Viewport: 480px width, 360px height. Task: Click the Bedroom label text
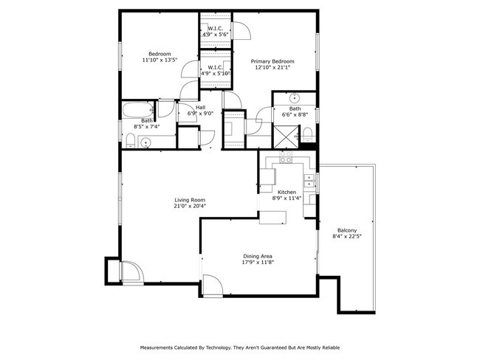[x=160, y=54]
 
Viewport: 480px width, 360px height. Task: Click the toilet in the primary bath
[x=307, y=134]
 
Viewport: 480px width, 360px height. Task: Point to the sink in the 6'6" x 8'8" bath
[x=294, y=97]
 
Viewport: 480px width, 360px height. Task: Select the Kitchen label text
[x=287, y=192]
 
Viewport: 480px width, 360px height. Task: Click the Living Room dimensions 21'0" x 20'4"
[x=190, y=207]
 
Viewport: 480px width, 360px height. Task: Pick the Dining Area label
[x=257, y=256]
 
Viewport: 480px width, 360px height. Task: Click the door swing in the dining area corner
[x=211, y=283]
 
